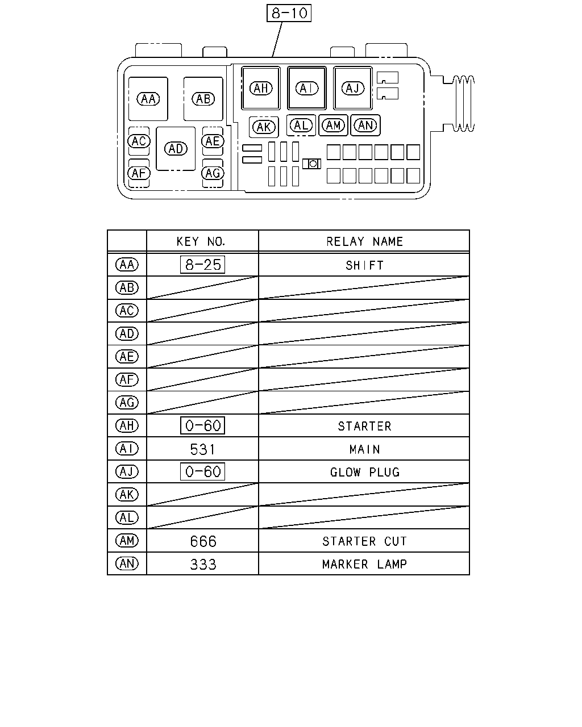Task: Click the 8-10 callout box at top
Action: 289,13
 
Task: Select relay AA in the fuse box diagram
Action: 148,99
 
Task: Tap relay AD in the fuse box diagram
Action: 176,149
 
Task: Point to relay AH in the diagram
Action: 261,88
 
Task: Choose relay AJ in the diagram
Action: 353,88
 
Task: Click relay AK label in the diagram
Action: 264,127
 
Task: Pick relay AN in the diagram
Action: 365,126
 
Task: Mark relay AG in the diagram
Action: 213,173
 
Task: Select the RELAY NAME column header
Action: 364,241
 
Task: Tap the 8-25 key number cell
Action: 202,265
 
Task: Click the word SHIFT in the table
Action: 364,266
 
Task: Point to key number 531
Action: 202,449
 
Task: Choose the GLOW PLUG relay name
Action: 365,473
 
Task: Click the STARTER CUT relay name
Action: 364,541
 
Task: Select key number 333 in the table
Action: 203,564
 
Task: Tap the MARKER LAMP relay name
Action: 364,564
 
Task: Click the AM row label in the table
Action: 127,541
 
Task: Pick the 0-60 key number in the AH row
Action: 202,425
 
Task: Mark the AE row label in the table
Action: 127,357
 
